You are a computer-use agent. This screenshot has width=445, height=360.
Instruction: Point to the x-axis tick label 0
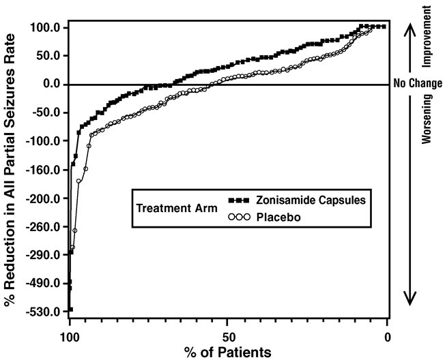tap(387, 337)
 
